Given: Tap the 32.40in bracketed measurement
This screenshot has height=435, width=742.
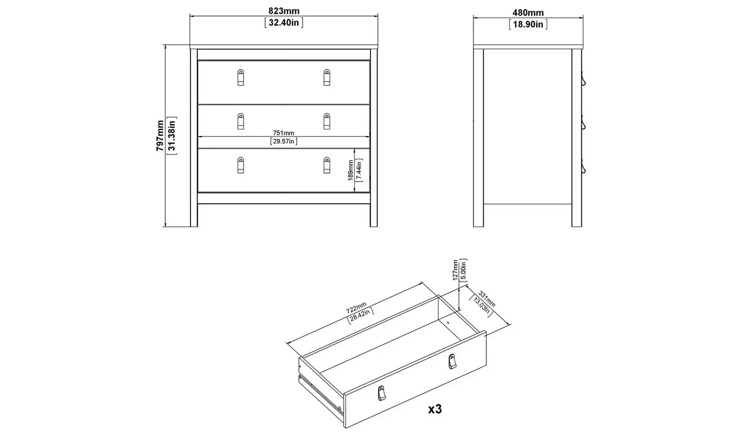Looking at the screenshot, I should click(284, 23).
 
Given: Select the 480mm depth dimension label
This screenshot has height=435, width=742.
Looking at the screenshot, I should click(528, 13).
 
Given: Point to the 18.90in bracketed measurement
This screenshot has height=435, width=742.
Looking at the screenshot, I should click(528, 24).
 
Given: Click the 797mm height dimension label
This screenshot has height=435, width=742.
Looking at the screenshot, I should click(160, 135).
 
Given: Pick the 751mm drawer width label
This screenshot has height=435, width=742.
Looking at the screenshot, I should click(284, 132).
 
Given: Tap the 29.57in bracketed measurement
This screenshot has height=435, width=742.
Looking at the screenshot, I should click(284, 141).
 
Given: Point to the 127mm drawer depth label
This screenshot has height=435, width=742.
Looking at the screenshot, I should click(455, 270).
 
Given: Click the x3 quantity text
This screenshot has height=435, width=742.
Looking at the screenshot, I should click(434, 409).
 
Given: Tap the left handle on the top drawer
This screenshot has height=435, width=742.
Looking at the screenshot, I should click(240, 77).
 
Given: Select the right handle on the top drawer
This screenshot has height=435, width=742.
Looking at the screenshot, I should click(326, 77).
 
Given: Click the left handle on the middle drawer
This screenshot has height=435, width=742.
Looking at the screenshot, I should click(240, 121).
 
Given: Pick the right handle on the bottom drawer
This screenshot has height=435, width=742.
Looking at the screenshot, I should click(326, 165).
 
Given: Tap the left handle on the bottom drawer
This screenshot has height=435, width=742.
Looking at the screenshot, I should click(240, 165).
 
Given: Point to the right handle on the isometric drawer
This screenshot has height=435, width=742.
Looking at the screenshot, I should click(452, 361).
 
